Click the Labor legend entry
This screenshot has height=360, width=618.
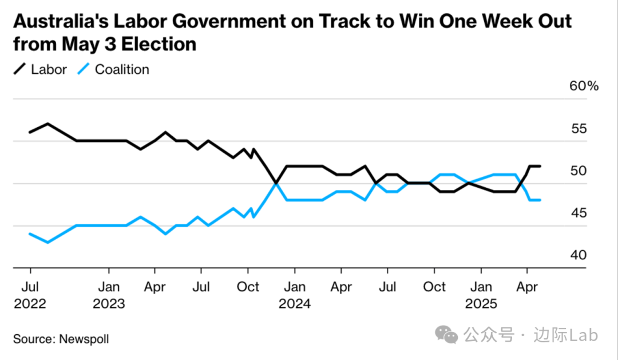click(x=40, y=70)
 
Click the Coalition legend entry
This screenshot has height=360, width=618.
click(x=113, y=70)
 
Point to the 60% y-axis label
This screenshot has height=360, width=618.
click(x=584, y=86)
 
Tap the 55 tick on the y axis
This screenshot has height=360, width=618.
click(x=579, y=129)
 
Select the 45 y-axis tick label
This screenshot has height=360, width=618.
click(x=579, y=213)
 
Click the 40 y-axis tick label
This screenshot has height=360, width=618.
click(x=579, y=255)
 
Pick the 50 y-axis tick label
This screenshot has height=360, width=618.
click(x=579, y=171)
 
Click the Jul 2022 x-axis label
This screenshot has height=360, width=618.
click(x=30, y=295)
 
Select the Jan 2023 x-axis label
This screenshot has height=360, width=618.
click(x=109, y=295)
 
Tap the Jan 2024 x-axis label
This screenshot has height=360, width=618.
click(x=295, y=295)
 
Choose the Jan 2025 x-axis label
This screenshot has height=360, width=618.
click(x=481, y=295)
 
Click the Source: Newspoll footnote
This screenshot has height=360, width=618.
click(x=61, y=339)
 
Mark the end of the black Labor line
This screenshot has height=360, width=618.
click(x=540, y=166)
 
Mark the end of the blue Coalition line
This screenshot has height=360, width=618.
click(x=540, y=200)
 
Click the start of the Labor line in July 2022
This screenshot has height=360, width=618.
click(x=30, y=132)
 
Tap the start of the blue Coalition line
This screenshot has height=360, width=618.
click(x=30, y=234)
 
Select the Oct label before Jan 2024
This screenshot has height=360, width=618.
click(x=248, y=287)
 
